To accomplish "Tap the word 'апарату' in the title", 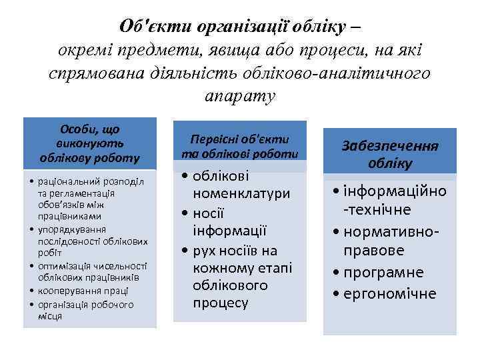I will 240,95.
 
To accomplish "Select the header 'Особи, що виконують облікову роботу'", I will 90,143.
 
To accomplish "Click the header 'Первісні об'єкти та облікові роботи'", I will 239,146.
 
